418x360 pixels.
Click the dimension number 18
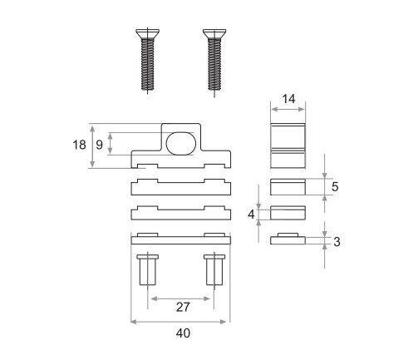pyautogui.click(x=79, y=145)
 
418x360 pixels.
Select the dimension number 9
pyautogui.click(x=99, y=145)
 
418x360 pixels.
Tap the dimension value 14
pyautogui.click(x=288, y=99)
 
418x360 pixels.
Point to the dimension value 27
pyautogui.click(x=183, y=307)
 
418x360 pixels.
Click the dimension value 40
pyautogui.click(x=183, y=333)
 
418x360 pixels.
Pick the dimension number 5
pyautogui.click(x=335, y=187)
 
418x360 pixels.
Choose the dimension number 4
pyautogui.click(x=251, y=215)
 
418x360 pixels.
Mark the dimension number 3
pyautogui.click(x=337, y=242)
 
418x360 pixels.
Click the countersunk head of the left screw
pyautogui.click(x=148, y=33)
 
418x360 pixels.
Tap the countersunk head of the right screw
pyautogui.click(x=214, y=33)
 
